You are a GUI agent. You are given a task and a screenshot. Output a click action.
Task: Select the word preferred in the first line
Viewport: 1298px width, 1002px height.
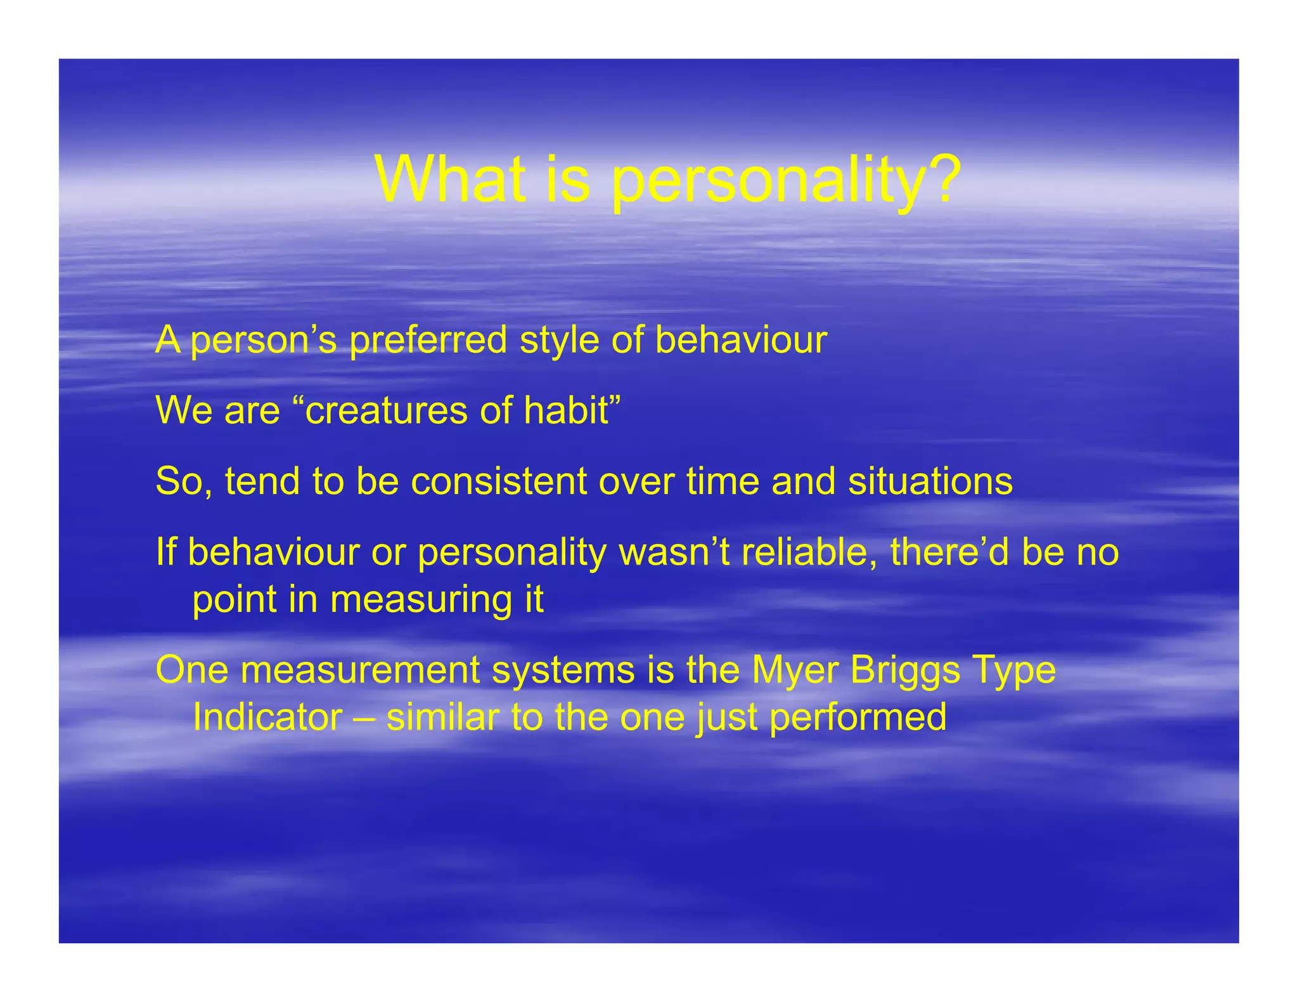point(428,341)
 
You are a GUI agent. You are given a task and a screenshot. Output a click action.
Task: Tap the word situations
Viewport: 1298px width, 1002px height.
point(930,481)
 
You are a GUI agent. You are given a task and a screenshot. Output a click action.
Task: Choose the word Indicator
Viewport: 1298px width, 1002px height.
point(267,717)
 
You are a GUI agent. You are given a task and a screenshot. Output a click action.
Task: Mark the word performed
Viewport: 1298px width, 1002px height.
point(858,718)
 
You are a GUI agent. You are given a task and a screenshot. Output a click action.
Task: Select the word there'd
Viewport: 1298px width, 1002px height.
point(949,552)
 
